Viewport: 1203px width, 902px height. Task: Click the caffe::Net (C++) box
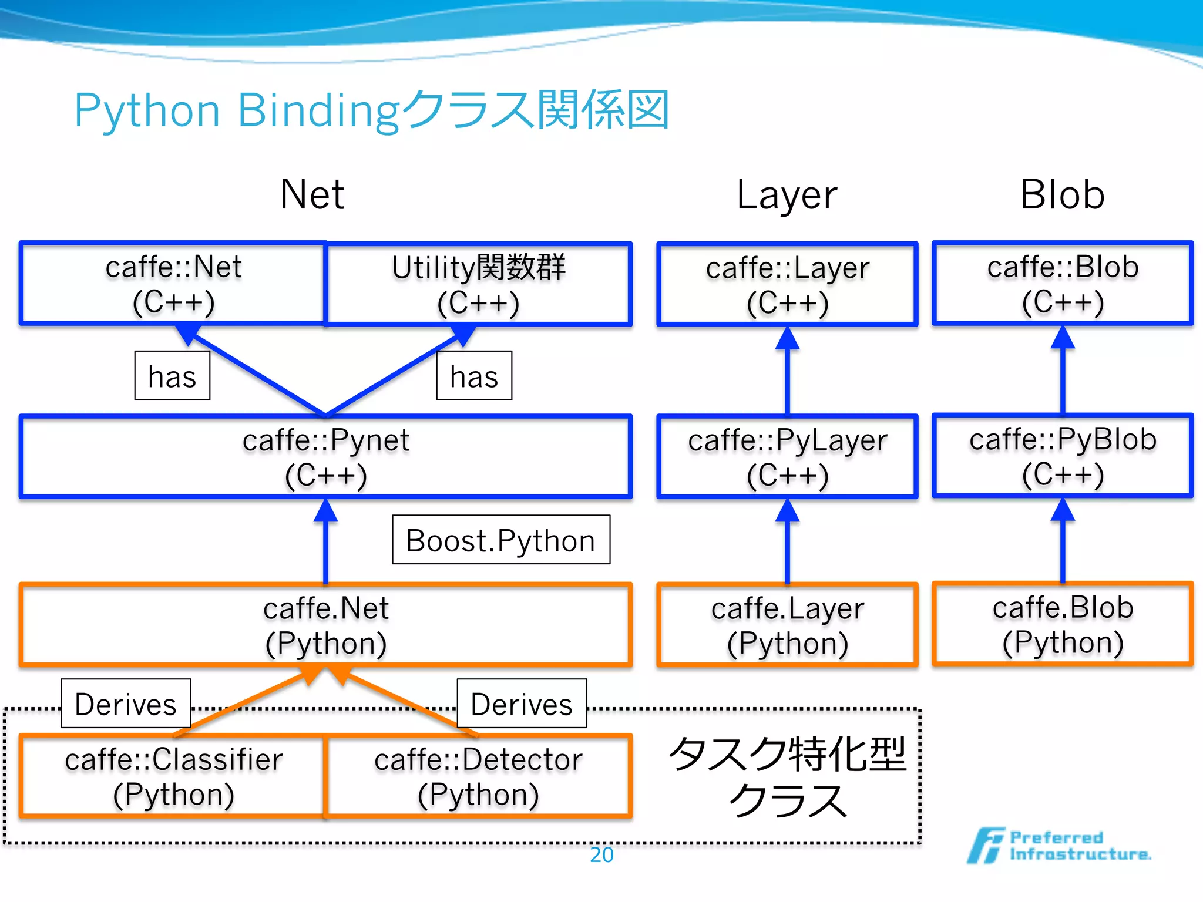click(173, 284)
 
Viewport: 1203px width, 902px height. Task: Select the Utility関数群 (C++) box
click(478, 284)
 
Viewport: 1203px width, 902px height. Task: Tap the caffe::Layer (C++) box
click(787, 284)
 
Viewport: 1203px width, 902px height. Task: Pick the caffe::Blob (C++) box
click(1062, 284)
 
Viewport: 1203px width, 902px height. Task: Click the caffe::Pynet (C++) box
click(326, 457)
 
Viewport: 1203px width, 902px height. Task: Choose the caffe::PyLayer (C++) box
click(787, 457)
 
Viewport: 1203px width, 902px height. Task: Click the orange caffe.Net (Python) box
click(326, 625)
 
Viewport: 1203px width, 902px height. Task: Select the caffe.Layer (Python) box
click(787, 625)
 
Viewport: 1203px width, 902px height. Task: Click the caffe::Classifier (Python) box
click(173, 776)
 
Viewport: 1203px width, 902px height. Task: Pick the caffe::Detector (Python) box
click(478, 776)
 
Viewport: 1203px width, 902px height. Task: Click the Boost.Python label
click(501, 540)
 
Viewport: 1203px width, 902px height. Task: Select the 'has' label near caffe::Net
click(172, 376)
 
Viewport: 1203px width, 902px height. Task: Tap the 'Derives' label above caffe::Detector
click(522, 704)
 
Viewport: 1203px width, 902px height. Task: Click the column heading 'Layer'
click(787, 195)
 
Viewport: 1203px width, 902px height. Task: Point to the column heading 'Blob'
click(1062, 195)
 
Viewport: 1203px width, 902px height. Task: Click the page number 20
click(601, 855)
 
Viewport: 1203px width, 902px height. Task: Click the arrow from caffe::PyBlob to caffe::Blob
click(1063, 376)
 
